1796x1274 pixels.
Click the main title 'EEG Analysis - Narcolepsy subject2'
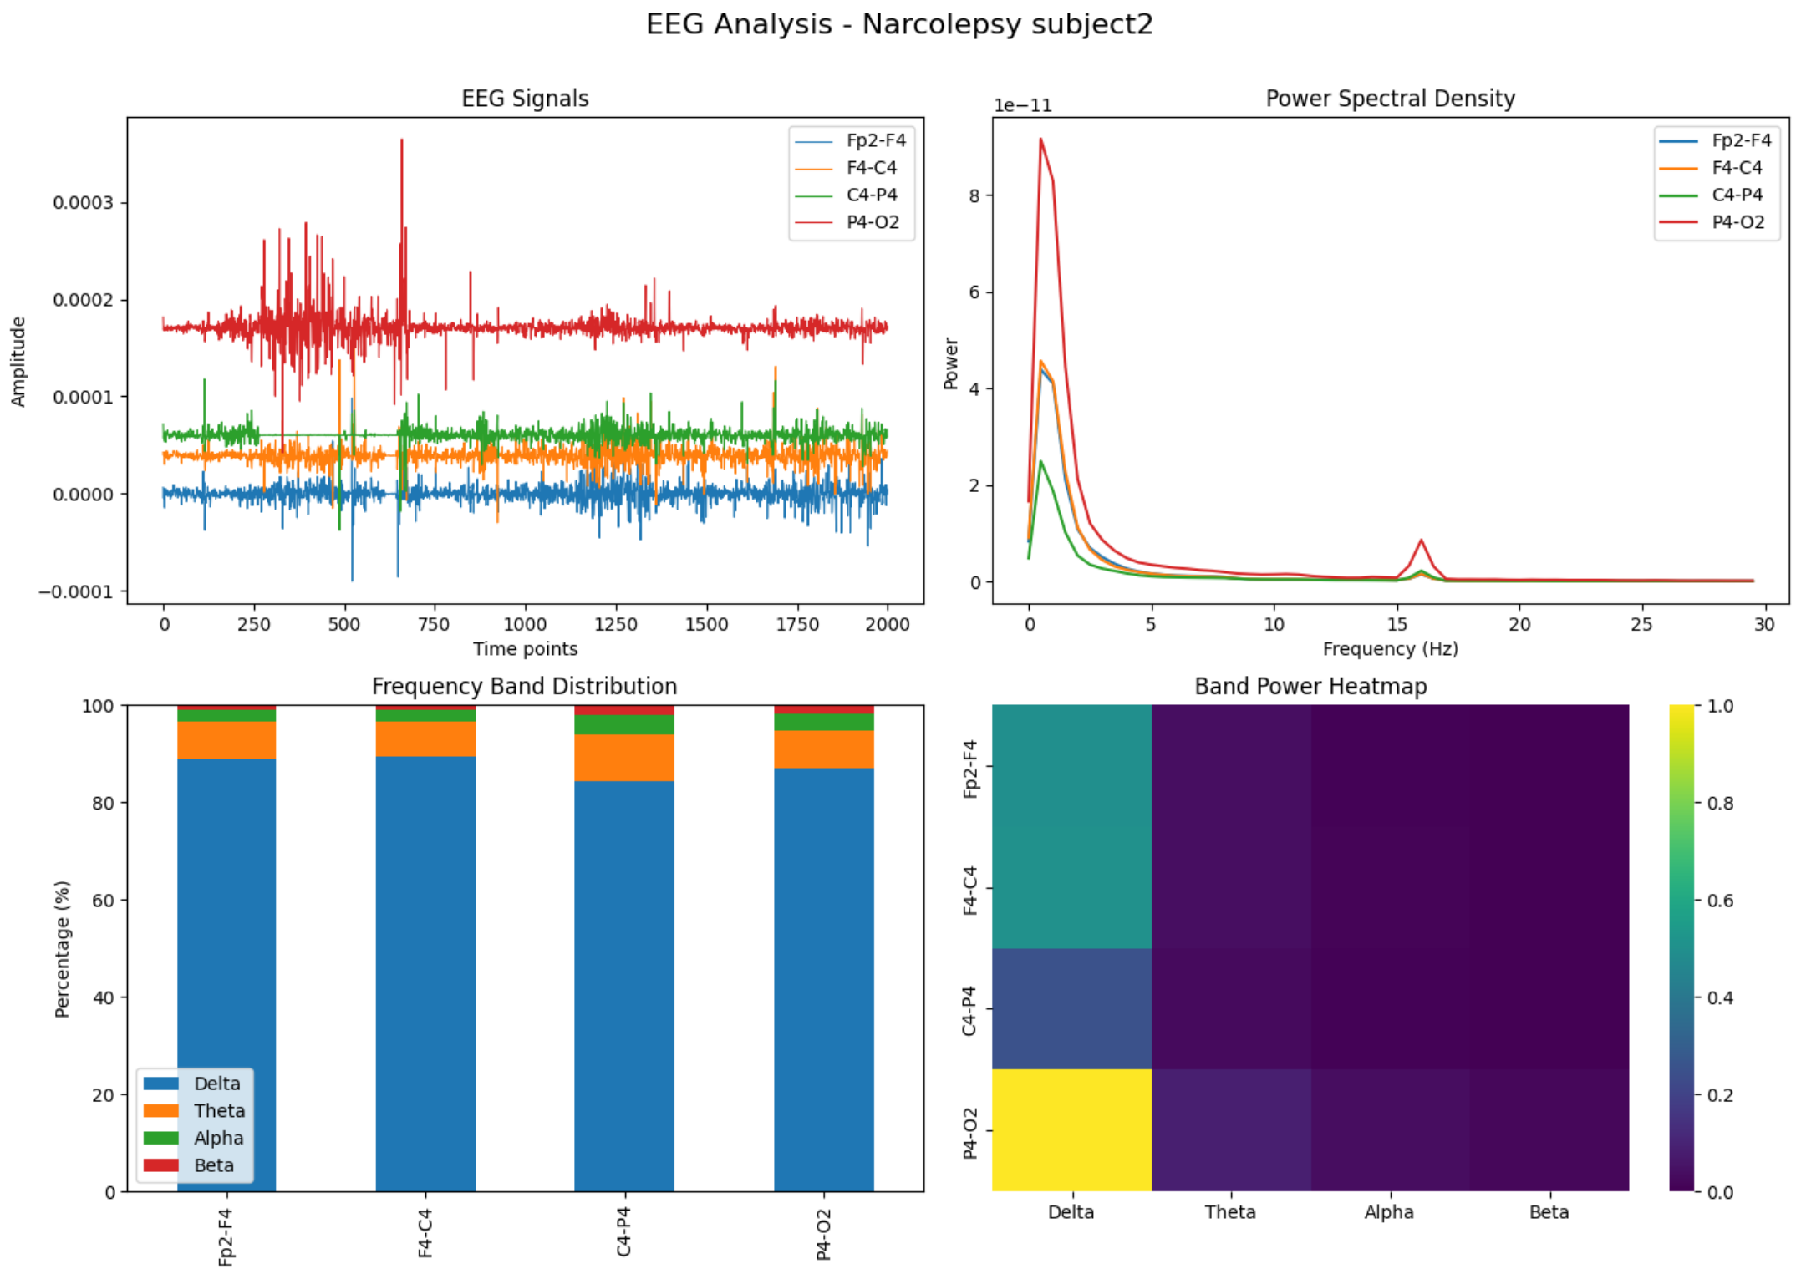click(898, 23)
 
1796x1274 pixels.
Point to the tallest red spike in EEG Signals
click(401, 142)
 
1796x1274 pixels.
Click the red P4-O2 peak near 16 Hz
click(1420, 541)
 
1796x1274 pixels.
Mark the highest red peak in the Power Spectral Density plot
click(1040, 140)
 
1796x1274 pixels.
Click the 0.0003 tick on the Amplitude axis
click(83, 203)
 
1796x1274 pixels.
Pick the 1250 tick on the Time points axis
click(615, 624)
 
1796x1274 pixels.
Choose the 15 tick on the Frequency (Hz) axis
click(1397, 624)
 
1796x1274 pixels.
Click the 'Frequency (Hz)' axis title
click(1389, 649)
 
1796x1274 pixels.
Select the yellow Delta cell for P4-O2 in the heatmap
click(1071, 1129)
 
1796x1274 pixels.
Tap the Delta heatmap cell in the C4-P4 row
click(1071, 1008)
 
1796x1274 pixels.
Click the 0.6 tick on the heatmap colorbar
click(1719, 900)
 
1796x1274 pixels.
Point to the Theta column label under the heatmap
click(1229, 1211)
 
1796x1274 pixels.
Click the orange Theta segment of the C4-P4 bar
click(623, 757)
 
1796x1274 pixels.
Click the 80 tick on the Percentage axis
click(103, 803)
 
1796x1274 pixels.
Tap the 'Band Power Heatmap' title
click(1310, 686)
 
